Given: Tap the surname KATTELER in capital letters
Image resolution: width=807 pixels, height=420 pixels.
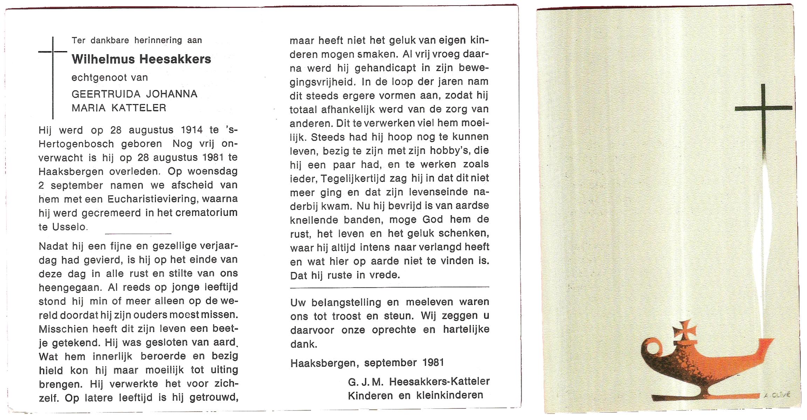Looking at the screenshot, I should [139, 108].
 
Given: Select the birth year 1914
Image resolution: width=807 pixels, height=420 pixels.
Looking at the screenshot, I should [192, 130].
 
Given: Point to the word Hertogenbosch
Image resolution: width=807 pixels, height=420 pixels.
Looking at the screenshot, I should [76, 144].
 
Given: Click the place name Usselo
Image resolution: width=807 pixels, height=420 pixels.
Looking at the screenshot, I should [69, 227].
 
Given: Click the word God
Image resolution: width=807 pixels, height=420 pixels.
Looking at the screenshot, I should [433, 219].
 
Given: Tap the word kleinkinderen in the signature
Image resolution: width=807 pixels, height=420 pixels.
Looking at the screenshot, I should [450, 395].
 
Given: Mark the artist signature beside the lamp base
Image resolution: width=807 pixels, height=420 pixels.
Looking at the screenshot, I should [778, 395].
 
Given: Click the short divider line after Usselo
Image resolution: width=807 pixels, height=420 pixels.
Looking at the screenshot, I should [138, 233].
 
